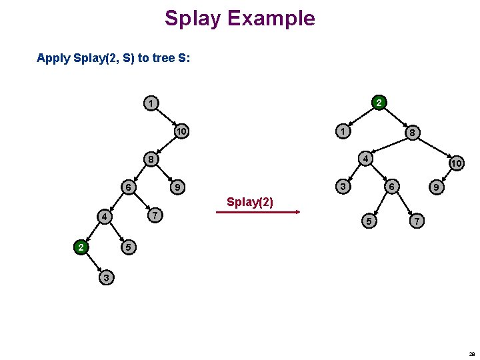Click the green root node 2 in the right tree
[x=378, y=103]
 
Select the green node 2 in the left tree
[x=81, y=248]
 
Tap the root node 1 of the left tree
[x=153, y=103]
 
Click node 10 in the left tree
[x=181, y=131]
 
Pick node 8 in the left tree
[x=153, y=159]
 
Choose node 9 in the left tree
[x=176, y=187]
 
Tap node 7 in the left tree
[x=154, y=215]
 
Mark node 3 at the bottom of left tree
[x=105, y=277]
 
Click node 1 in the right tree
[x=342, y=132]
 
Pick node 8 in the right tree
[x=413, y=133]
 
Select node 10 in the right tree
[x=456, y=163]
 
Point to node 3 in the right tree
[x=343, y=187]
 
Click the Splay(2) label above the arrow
[x=250, y=202]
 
